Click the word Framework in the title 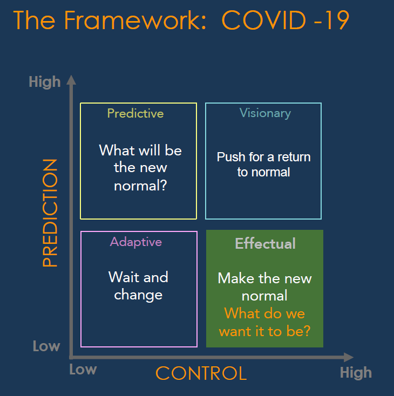[135, 20]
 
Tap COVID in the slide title [264, 20]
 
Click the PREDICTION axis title [50, 213]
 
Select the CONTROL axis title [201, 373]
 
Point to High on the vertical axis [45, 82]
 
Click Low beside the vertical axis [46, 346]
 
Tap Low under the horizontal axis [83, 370]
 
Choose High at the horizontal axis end [356, 372]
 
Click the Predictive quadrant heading [135, 113]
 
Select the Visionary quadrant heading [265, 113]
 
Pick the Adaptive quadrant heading [136, 242]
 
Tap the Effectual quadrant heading [266, 243]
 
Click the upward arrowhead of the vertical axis [71, 80]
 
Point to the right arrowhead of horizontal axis [349, 357]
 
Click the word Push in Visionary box [231, 157]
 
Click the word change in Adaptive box [138, 295]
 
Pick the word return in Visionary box [294, 157]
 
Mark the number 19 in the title [337, 20]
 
